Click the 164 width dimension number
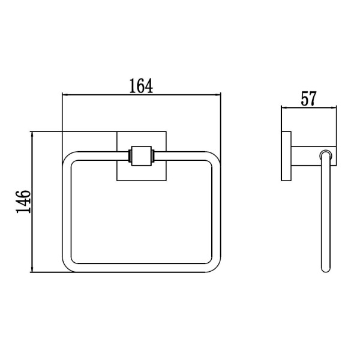tap(141, 86)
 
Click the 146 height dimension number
tap(23, 202)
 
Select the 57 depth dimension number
tap(308, 98)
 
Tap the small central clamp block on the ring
tap(142, 156)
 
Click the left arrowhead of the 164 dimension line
tap(65, 94)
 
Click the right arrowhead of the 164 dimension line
tap(218, 94)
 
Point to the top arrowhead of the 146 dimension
tap(32, 134)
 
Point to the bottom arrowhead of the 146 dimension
tap(32, 269)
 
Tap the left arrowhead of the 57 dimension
tap(284, 107)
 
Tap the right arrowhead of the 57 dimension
tap(334, 107)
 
